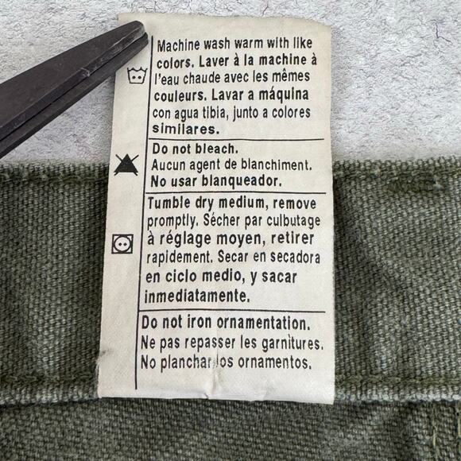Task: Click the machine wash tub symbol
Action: click(136, 77)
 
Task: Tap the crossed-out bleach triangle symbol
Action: click(123, 165)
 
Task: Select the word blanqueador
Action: click(236, 180)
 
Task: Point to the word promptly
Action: click(176, 222)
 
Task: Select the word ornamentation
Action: click(258, 323)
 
